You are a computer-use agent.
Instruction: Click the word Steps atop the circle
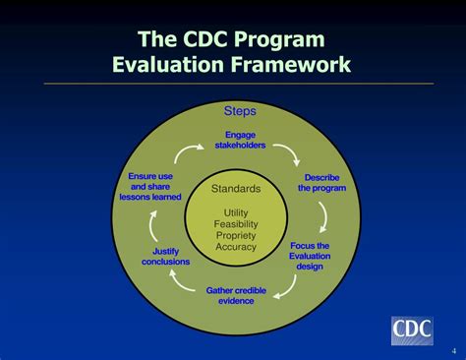240,111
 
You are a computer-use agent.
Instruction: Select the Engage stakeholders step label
239,140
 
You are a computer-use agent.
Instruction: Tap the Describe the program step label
321,183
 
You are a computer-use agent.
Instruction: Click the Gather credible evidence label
236,295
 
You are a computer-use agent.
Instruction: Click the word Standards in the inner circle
236,188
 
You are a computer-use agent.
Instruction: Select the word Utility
236,211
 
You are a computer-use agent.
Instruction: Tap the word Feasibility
236,223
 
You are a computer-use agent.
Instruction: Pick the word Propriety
236,235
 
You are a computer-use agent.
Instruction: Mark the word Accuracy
236,247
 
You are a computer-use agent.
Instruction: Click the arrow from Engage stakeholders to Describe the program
286,152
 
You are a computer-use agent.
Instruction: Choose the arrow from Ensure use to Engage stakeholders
184,154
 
